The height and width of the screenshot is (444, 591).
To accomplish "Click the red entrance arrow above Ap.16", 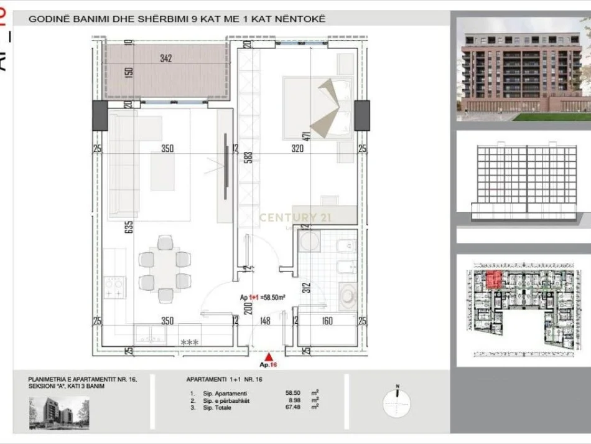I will click(268, 357).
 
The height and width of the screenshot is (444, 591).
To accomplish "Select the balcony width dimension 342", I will click(165, 59).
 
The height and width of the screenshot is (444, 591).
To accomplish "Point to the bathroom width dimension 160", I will click(327, 321).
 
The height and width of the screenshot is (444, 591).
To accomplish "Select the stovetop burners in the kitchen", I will click(114, 286).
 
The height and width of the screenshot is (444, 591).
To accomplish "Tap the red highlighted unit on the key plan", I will click(493, 280).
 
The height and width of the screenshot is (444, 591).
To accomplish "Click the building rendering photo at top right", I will click(523, 69).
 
